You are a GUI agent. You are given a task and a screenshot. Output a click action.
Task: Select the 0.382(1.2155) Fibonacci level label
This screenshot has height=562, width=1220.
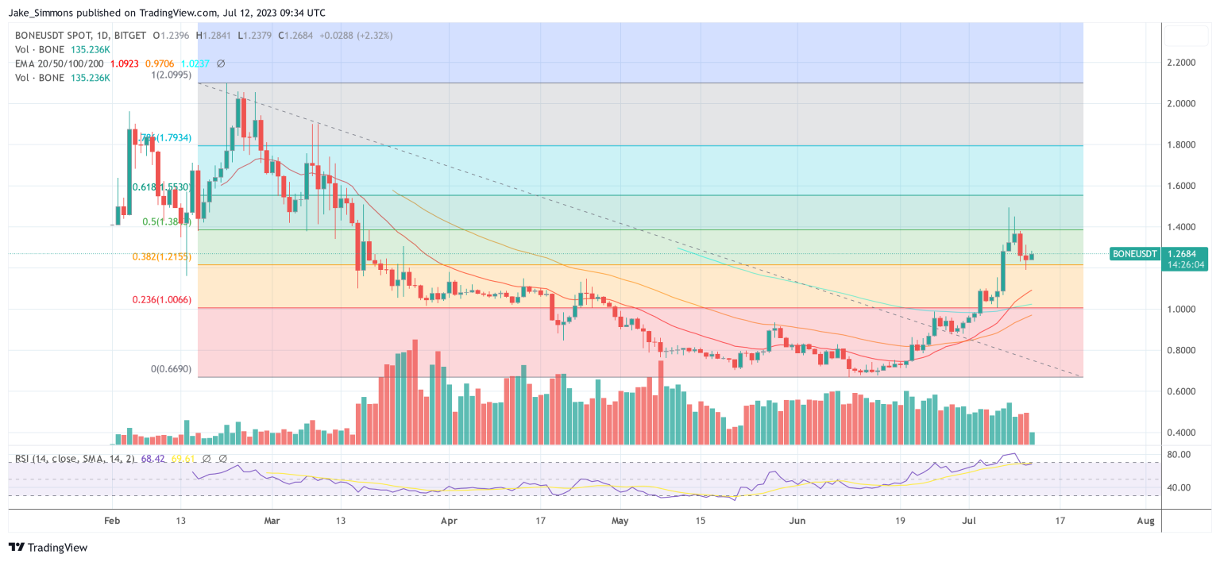(161, 256)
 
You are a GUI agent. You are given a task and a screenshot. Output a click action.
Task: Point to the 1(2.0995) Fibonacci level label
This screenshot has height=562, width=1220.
(174, 75)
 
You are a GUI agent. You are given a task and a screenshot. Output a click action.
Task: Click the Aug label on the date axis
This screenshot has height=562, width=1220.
(1145, 521)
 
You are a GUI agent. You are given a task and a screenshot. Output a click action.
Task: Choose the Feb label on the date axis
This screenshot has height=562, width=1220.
(112, 521)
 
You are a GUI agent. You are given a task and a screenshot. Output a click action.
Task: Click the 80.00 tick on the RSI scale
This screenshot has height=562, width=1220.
(1179, 455)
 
